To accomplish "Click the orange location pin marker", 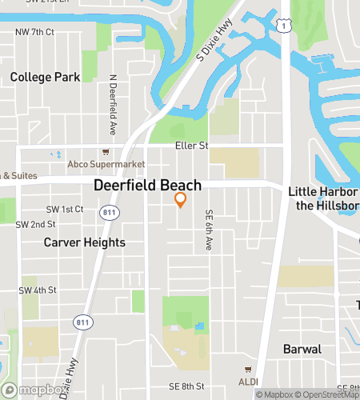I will click(181, 199).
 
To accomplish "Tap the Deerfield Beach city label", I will click(147, 185).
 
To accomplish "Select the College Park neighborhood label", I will click(46, 77).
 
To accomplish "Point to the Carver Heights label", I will click(84, 242).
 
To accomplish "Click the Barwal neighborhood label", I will click(302, 349).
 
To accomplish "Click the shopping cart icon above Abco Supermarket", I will click(105, 152).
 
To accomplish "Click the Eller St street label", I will click(191, 146).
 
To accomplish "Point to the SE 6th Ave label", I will click(209, 231).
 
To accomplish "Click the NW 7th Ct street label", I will click(34, 32).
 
